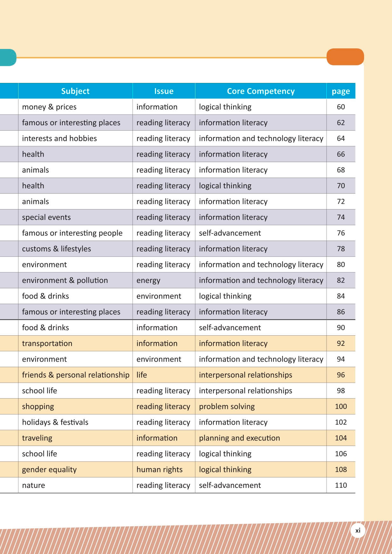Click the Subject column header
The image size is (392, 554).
coord(75,91)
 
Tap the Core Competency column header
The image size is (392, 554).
coord(260,91)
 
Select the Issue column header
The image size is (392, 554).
coord(164,91)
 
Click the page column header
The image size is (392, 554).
coord(341,92)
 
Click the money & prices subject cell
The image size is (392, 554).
coord(49,107)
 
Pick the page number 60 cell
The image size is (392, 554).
coord(341,107)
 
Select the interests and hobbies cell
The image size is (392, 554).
coord(59,139)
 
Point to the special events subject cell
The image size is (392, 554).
coord(46,217)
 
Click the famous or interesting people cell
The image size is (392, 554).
coord(72,233)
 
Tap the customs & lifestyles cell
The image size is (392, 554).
coord(57,249)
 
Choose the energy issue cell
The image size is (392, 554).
coord(148,280)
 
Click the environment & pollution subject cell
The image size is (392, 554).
coord(65,280)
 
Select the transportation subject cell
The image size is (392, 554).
coord(47,344)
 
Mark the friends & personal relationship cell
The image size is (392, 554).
coord(76,375)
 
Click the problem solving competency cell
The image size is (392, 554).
coord(227,407)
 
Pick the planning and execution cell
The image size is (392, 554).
coord(239,438)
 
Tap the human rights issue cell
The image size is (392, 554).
coord(159,469)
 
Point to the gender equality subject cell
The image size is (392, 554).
coord(49,469)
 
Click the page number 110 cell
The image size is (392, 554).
coord(341,485)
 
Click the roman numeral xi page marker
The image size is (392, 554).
coord(358,530)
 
